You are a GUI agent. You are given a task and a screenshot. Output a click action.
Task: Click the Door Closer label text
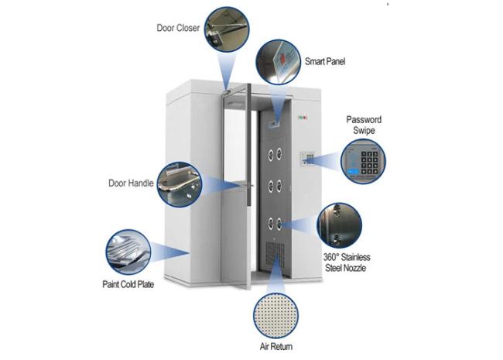pyautogui.click(x=178, y=28)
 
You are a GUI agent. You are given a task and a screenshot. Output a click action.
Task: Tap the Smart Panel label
pyautogui.click(x=325, y=61)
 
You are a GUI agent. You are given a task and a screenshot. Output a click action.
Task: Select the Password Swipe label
pyautogui.click(x=364, y=125)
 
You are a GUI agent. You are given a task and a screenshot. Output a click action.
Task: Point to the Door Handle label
pyautogui.click(x=131, y=183)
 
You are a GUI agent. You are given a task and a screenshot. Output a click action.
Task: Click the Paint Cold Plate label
pyautogui.click(x=128, y=284)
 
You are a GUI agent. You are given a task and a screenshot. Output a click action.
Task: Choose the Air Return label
pyautogui.click(x=276, y=347)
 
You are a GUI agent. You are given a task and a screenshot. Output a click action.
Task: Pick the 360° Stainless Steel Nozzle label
pyautogui.click(x=347, y=262)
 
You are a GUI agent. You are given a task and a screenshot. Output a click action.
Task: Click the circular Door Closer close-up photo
pyautogui.click(x=227, y=29)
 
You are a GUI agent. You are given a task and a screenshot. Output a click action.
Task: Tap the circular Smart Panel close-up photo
pyautogui.click(x=278, y=62)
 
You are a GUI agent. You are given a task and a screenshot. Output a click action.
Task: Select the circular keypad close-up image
pyautogui.click(x=363, y=161)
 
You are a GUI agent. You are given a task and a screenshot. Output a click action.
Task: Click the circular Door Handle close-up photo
pyautogui.click(x=180, y=184)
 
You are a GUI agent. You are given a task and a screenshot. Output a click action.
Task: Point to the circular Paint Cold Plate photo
pyautogui.click(x=128, y=252)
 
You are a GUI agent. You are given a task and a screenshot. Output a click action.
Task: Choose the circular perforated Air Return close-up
pyautogui.click(x=275, y=315)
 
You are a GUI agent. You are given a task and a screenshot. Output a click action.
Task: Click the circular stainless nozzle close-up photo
pyautogui.click(x=339, y=225)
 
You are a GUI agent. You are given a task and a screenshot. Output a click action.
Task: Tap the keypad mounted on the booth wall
pyautogui.click(x=307, y=159)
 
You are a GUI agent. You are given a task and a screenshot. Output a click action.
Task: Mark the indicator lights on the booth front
pyautogui.click(x=303, y=118)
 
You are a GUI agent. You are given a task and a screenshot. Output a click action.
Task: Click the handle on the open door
pyautogui.click(x=247, y=186)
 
